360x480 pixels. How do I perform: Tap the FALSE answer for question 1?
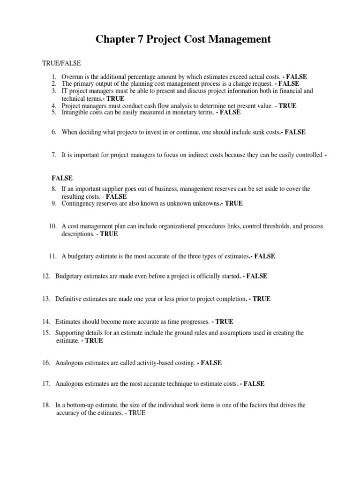pyautogui.click(x=297, y=76)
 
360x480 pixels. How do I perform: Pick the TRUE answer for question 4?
pyautogui.click(x=287, y=106)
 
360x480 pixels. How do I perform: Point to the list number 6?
pyautogui.click(x=54, y=132)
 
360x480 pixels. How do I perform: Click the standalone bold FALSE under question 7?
pyautogui.click(x=62, y=178)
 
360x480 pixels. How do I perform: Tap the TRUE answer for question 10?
pyautogui.click(x=109, y=234)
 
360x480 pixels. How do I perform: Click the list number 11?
pyautogui.click(x=52, y=256)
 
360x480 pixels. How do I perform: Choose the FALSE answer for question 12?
pyautogui.click(x=256, y=276)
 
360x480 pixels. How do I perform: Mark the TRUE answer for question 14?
pyautogui.click(x=224, y=322)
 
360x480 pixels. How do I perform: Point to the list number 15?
pyautogui.click(x=46, y=333)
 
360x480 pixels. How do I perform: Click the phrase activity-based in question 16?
pyautogui.click(x=154, y=363)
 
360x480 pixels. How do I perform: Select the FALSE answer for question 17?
pyautogui.click(x=254, y=383)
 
